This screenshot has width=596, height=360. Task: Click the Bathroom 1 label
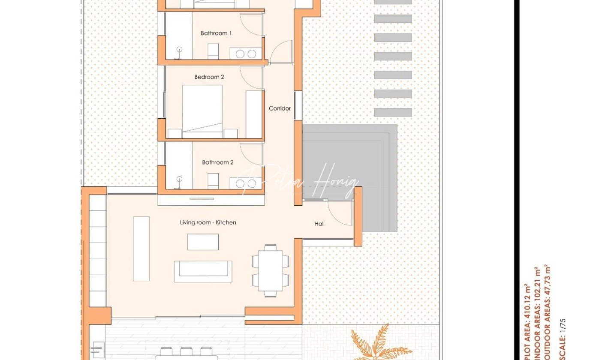[x=216, y=33]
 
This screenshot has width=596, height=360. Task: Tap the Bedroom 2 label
[x=209, y=77]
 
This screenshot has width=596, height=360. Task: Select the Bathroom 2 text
[x=218, y=162]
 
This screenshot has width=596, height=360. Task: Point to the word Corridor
[x=280, y=108]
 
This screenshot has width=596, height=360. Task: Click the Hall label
[x=319, y=224]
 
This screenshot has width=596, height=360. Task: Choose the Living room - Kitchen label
[x=208, y=222]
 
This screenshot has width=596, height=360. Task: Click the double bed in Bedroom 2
[x=202, y=112]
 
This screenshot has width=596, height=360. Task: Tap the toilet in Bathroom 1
[x=213, y=51]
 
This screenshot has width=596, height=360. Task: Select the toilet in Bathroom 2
[x=213, y=181]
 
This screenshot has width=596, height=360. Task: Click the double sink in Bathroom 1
[x=246, y=54]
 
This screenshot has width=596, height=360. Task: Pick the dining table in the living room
[x=270, y=271]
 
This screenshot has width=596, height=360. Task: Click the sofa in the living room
[x=203, y=271]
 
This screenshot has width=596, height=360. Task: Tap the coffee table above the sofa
[x=203, y=242]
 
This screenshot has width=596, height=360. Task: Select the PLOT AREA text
[x=527, y=322]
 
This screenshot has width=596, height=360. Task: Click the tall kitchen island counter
[x=141, y=249]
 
